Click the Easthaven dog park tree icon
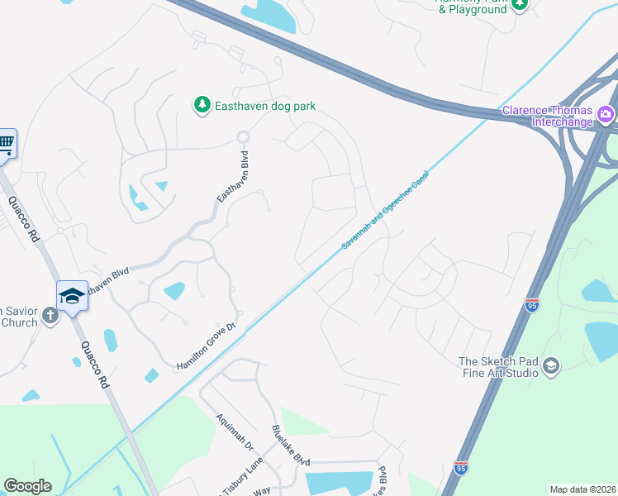tap(201, 104)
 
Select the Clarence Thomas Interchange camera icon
tap(606, 112)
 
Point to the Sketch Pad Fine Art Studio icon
tap(551, 366)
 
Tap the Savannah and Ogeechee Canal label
tap(386, 210)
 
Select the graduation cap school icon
tap(72, 295)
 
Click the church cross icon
tap(50, 315)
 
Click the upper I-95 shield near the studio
tap(532, 305)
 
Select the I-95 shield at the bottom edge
tap(461, 468)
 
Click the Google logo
tap(27, 486)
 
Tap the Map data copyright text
tap(582, 489)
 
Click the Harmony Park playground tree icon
tap(520, 4)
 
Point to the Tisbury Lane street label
tap(242, 478)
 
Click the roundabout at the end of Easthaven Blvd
tap(243, 136)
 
